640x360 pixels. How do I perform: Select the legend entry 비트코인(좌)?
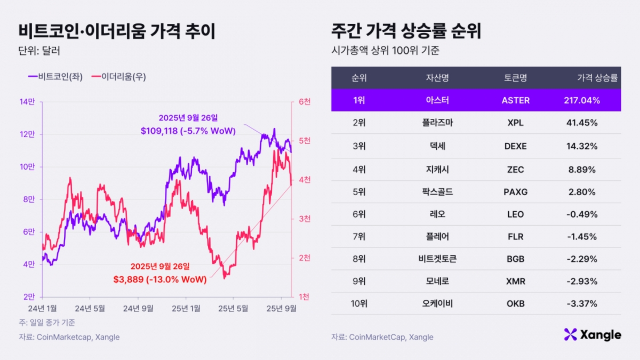(x=57, y=76)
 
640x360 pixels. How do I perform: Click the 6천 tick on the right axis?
(x=305, y=101)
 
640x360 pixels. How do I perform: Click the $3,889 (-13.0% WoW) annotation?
(x=159, y=278)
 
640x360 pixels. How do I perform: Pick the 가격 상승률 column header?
(x=597, y=78)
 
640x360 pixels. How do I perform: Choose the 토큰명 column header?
(x=515, y=78)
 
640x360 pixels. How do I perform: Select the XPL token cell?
(x=515, y=123)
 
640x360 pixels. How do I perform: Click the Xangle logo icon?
(x=571, y=334)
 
